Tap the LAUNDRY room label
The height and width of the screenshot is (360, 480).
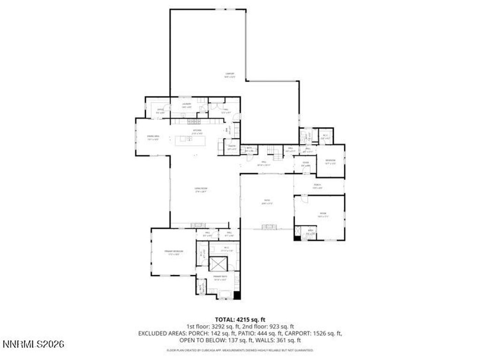click(187, 105)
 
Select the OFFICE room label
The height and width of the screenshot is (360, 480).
click(160, 111)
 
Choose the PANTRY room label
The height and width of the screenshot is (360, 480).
click(232, 148)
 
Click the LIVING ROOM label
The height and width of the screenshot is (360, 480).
click(201, 190)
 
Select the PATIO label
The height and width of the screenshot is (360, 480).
click(267, 202)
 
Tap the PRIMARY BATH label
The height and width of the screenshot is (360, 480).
click(220, 278)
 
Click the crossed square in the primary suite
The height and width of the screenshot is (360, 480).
click(217, 263)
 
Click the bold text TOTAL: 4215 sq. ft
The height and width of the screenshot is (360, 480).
click(240, 320)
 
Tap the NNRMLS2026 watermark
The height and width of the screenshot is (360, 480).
click(33, 345)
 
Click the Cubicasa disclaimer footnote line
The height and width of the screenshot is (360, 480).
click(240, 350)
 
